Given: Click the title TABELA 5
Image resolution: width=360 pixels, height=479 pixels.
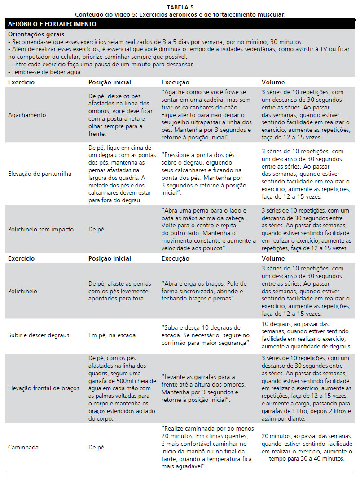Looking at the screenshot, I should pos(180,8).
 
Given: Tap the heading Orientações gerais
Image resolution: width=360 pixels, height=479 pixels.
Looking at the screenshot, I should pos(36,34).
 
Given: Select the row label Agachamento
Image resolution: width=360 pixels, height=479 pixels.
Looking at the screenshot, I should pos(27,115).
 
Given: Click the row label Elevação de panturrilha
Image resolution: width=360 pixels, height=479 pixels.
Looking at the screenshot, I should pos(40,174).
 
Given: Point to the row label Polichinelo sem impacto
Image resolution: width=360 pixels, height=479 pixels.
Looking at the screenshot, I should pos(41,229).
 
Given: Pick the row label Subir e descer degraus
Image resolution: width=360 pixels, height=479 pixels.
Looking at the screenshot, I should pos(38,335).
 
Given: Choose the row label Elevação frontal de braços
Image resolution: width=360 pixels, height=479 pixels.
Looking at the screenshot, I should pos(44,388).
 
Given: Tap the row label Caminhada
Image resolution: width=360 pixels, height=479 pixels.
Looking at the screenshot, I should pos(22,447).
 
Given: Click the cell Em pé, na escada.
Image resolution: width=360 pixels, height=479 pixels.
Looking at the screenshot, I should pos(113,335).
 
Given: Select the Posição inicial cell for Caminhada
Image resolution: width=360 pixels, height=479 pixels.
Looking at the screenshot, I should pos(97,447).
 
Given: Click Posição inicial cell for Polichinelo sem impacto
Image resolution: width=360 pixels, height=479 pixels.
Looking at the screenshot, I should pos(97,229).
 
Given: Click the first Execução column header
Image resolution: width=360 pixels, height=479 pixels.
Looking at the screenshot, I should pos(175,82).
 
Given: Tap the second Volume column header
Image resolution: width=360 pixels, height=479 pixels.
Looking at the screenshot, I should pos(273,258).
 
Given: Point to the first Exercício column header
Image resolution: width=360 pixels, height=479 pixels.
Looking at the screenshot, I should pos(21,82).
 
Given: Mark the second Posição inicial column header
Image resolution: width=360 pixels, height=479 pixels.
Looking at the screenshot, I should pos(110,258).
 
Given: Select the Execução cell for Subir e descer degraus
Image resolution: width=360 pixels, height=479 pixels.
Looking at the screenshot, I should pos(206,335).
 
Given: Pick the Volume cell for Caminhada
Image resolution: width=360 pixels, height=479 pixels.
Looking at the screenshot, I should pos(307,447).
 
